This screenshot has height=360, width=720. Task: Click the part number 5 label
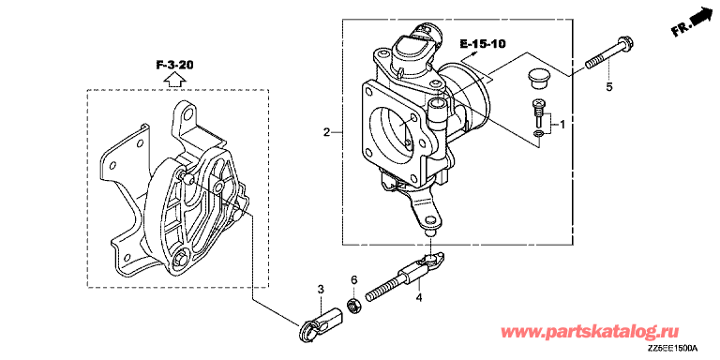[x=608, y=87]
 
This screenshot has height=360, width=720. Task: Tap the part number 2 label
[x=326, y=133]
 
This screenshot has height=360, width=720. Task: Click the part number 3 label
[x=321, y=289]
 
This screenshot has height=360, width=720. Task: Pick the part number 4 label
[x=418, y=298]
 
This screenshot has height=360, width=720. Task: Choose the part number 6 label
[x=353, y=279]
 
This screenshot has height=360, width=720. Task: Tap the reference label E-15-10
[x=483, y=44]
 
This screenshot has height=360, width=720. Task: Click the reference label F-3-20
[x=174, y=65]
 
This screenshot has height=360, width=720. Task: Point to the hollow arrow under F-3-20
[x=175, y=80]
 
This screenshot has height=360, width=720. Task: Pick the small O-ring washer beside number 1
[x=539, y=134]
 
